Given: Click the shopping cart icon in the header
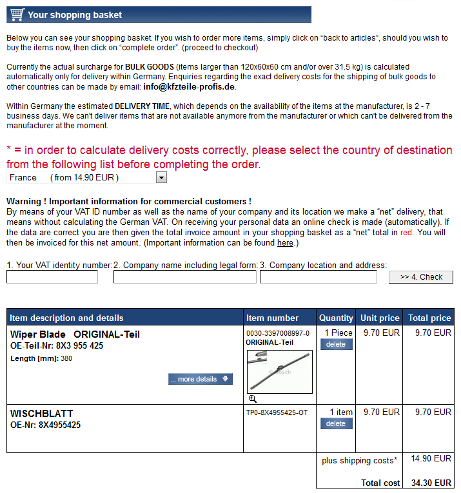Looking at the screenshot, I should pos(17,14).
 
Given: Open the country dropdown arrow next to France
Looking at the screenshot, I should pos(161,177).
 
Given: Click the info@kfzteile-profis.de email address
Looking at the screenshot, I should pos(190,86).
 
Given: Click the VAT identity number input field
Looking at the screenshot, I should pos(52,277).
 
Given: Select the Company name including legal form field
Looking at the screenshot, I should pos(186,277).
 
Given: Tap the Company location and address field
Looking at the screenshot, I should pos(319,277).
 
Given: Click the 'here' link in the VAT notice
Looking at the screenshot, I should pos(285,243).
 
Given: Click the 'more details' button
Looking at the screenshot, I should pos(200,379).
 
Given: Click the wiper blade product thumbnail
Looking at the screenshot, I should pos(279,371).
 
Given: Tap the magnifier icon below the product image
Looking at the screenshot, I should pos(253,399).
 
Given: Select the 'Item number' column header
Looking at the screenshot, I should pos(273,318).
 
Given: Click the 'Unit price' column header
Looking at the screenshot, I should pos(380,318).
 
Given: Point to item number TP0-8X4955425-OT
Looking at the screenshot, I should pos(277,412).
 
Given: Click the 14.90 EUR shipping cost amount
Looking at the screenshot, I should pos(431,458).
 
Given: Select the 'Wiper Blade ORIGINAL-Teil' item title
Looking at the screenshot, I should pos(75,334).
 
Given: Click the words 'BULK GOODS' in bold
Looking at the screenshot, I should pos(150,67).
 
